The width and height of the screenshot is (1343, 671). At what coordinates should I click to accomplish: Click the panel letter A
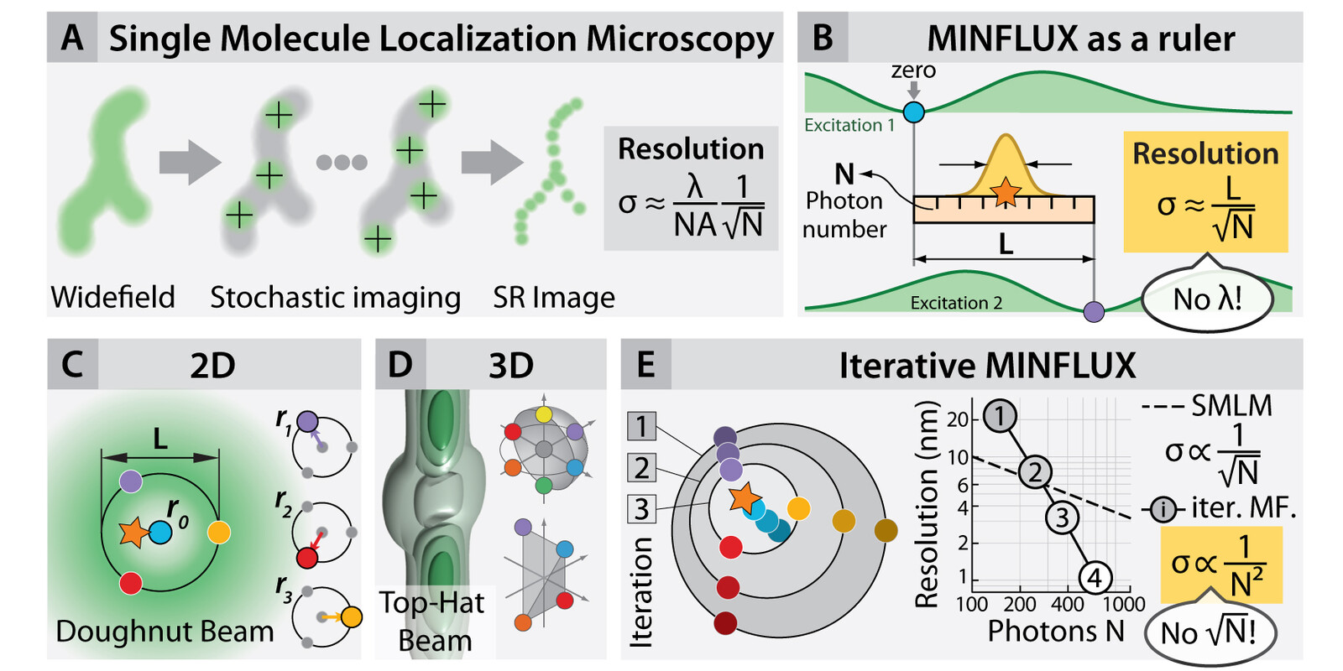click(72, 38)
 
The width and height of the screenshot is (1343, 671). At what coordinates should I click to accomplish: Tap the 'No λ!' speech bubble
click(1208, 298)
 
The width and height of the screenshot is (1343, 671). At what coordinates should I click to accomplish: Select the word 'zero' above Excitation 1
click(913, 70)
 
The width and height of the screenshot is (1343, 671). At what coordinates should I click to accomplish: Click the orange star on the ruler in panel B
click(1005, 192)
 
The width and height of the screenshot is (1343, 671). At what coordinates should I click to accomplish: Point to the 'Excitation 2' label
click(956, 303)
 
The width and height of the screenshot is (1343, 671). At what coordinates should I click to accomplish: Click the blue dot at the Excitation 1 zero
click(914, 112)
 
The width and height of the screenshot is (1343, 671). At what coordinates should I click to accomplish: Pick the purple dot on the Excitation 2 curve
click(1095, 311)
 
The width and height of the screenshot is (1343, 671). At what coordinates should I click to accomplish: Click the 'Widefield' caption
click(112, 297)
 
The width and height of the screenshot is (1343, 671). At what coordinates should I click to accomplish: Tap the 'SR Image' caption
click(554, 297)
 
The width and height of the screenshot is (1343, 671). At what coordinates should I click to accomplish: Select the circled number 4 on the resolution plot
click(1095, 578)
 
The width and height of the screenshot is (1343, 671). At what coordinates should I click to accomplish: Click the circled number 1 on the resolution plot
click(1000, 415)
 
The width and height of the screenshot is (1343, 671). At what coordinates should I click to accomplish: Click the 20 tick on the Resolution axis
click(958, 419)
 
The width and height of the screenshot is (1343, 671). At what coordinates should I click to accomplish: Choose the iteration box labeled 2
click(641, 468)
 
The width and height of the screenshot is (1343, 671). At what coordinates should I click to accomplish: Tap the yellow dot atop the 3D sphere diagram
click(544, 414)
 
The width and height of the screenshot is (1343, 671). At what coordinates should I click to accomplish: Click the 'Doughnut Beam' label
click(165, 632)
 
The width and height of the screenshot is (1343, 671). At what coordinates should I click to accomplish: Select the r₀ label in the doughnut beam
click(177, 512)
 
